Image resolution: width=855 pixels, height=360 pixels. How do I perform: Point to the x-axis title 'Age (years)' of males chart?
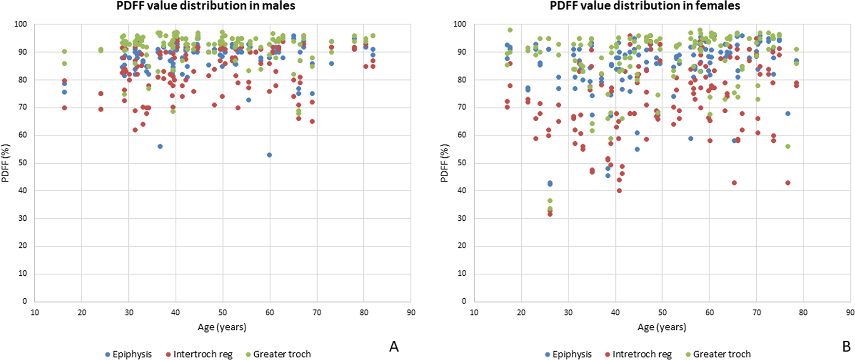(222, 327)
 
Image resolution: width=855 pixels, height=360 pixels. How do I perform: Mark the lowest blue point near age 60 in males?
(269, 155)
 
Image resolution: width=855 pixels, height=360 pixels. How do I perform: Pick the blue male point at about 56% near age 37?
(160, 146)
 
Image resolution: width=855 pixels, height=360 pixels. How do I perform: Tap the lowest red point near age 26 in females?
(550, 214)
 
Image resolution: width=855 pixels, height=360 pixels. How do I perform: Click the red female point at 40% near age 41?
(619, 191)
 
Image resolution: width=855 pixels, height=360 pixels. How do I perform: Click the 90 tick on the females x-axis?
(850, 313)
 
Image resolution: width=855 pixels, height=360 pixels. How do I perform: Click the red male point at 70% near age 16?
(64, 108)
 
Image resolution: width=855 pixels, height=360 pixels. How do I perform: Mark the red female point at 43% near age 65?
(734, 182)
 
